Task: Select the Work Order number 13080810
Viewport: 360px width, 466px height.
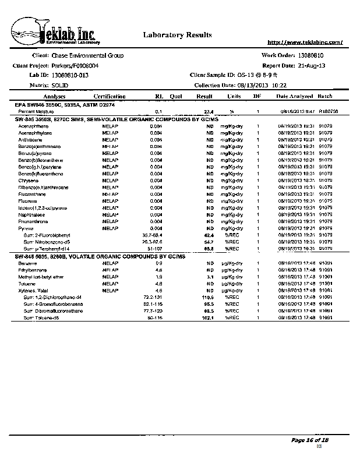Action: pyautogui.click(x=315, y=55)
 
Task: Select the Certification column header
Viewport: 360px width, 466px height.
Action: pyautogui.click(x=109, y=96)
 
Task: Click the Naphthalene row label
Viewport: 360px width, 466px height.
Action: pyautogui.click(x=30, y=214)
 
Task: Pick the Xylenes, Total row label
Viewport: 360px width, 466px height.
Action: pyautogui.click(x=33, y=290)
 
